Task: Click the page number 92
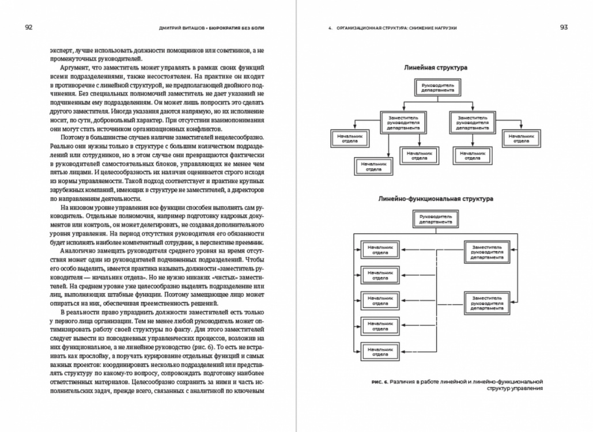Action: click(28, 28)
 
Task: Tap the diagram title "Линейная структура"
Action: click(436, 67)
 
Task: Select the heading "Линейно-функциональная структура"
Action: click(436, 199)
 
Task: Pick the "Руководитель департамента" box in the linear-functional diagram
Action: click(435, 219)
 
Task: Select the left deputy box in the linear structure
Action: click(403, 123)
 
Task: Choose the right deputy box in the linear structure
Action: click(472, 123)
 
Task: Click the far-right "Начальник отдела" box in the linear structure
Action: click(522, 138)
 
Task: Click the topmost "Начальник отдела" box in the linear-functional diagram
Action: click(380, 249)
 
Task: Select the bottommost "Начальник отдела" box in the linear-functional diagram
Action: click(380, 350)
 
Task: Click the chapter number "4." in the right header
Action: click(330, 28)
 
